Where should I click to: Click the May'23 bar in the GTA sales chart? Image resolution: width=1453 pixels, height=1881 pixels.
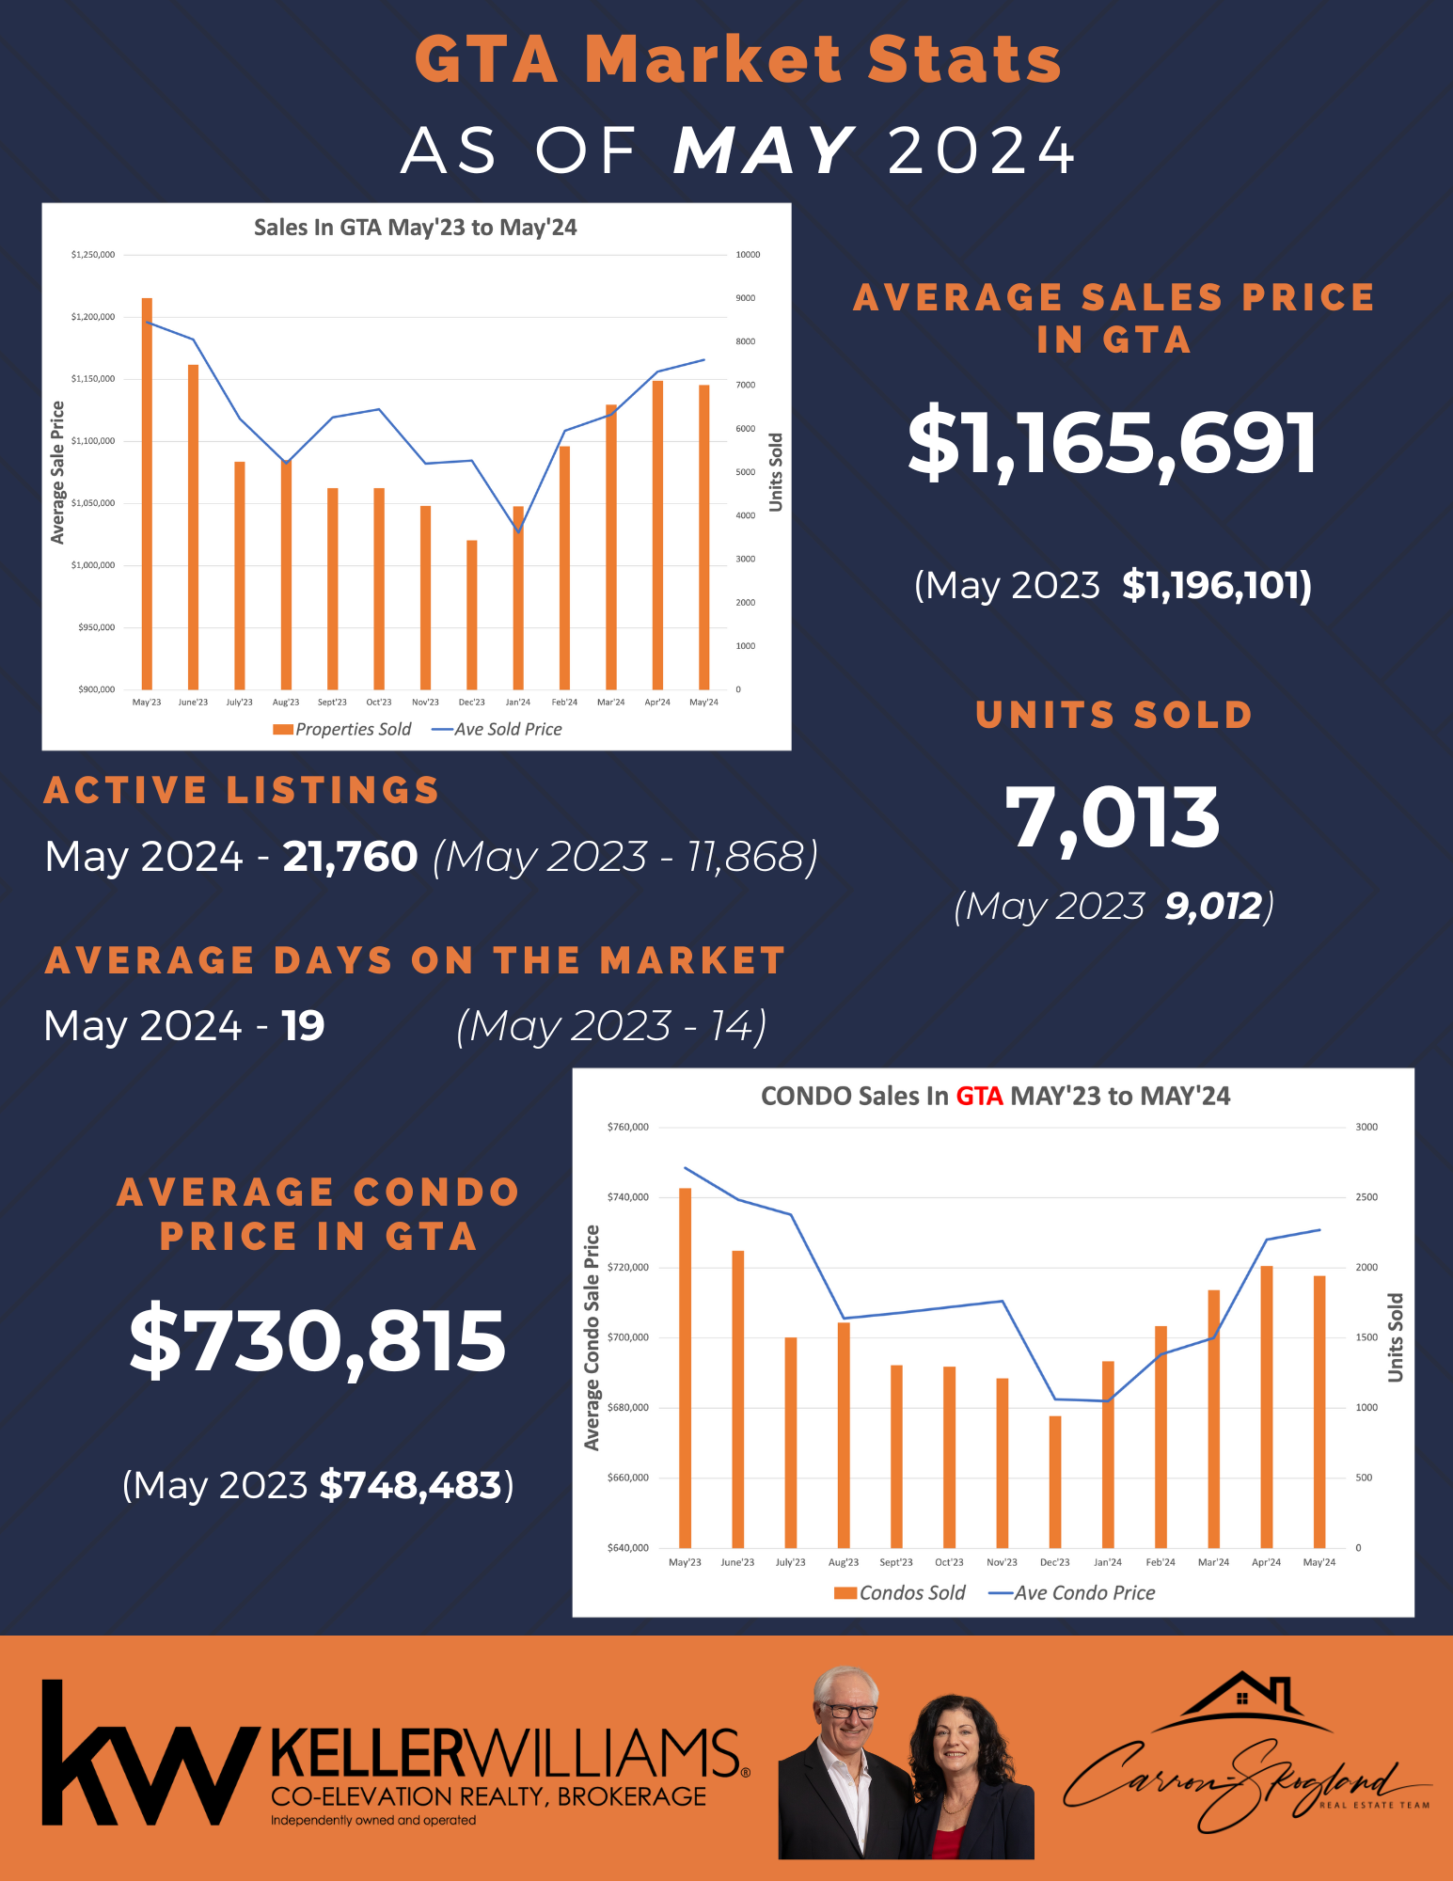147,494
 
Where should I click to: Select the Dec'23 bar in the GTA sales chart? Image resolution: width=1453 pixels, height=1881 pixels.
472,615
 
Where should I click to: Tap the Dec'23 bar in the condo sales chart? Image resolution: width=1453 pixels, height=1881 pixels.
1055,1482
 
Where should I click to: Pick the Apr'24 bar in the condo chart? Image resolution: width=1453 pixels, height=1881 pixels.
1267,1407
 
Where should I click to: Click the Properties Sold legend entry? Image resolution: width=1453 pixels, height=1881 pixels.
342,729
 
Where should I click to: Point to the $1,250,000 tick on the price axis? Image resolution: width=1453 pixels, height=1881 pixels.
93,255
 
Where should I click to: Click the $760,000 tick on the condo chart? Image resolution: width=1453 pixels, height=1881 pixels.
628,1127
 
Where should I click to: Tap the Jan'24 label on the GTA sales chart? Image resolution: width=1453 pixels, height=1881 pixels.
518,703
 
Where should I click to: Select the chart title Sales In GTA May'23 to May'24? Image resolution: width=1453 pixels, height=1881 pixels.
415,228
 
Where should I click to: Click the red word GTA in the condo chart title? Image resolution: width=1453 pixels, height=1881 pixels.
979,1096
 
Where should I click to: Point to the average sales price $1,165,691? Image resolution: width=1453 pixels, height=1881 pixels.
1113,442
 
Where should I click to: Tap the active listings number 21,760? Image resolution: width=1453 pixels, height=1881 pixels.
350,857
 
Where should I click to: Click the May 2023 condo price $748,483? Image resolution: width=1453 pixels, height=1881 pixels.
410,1485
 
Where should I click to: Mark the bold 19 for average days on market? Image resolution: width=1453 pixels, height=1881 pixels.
303,1026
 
